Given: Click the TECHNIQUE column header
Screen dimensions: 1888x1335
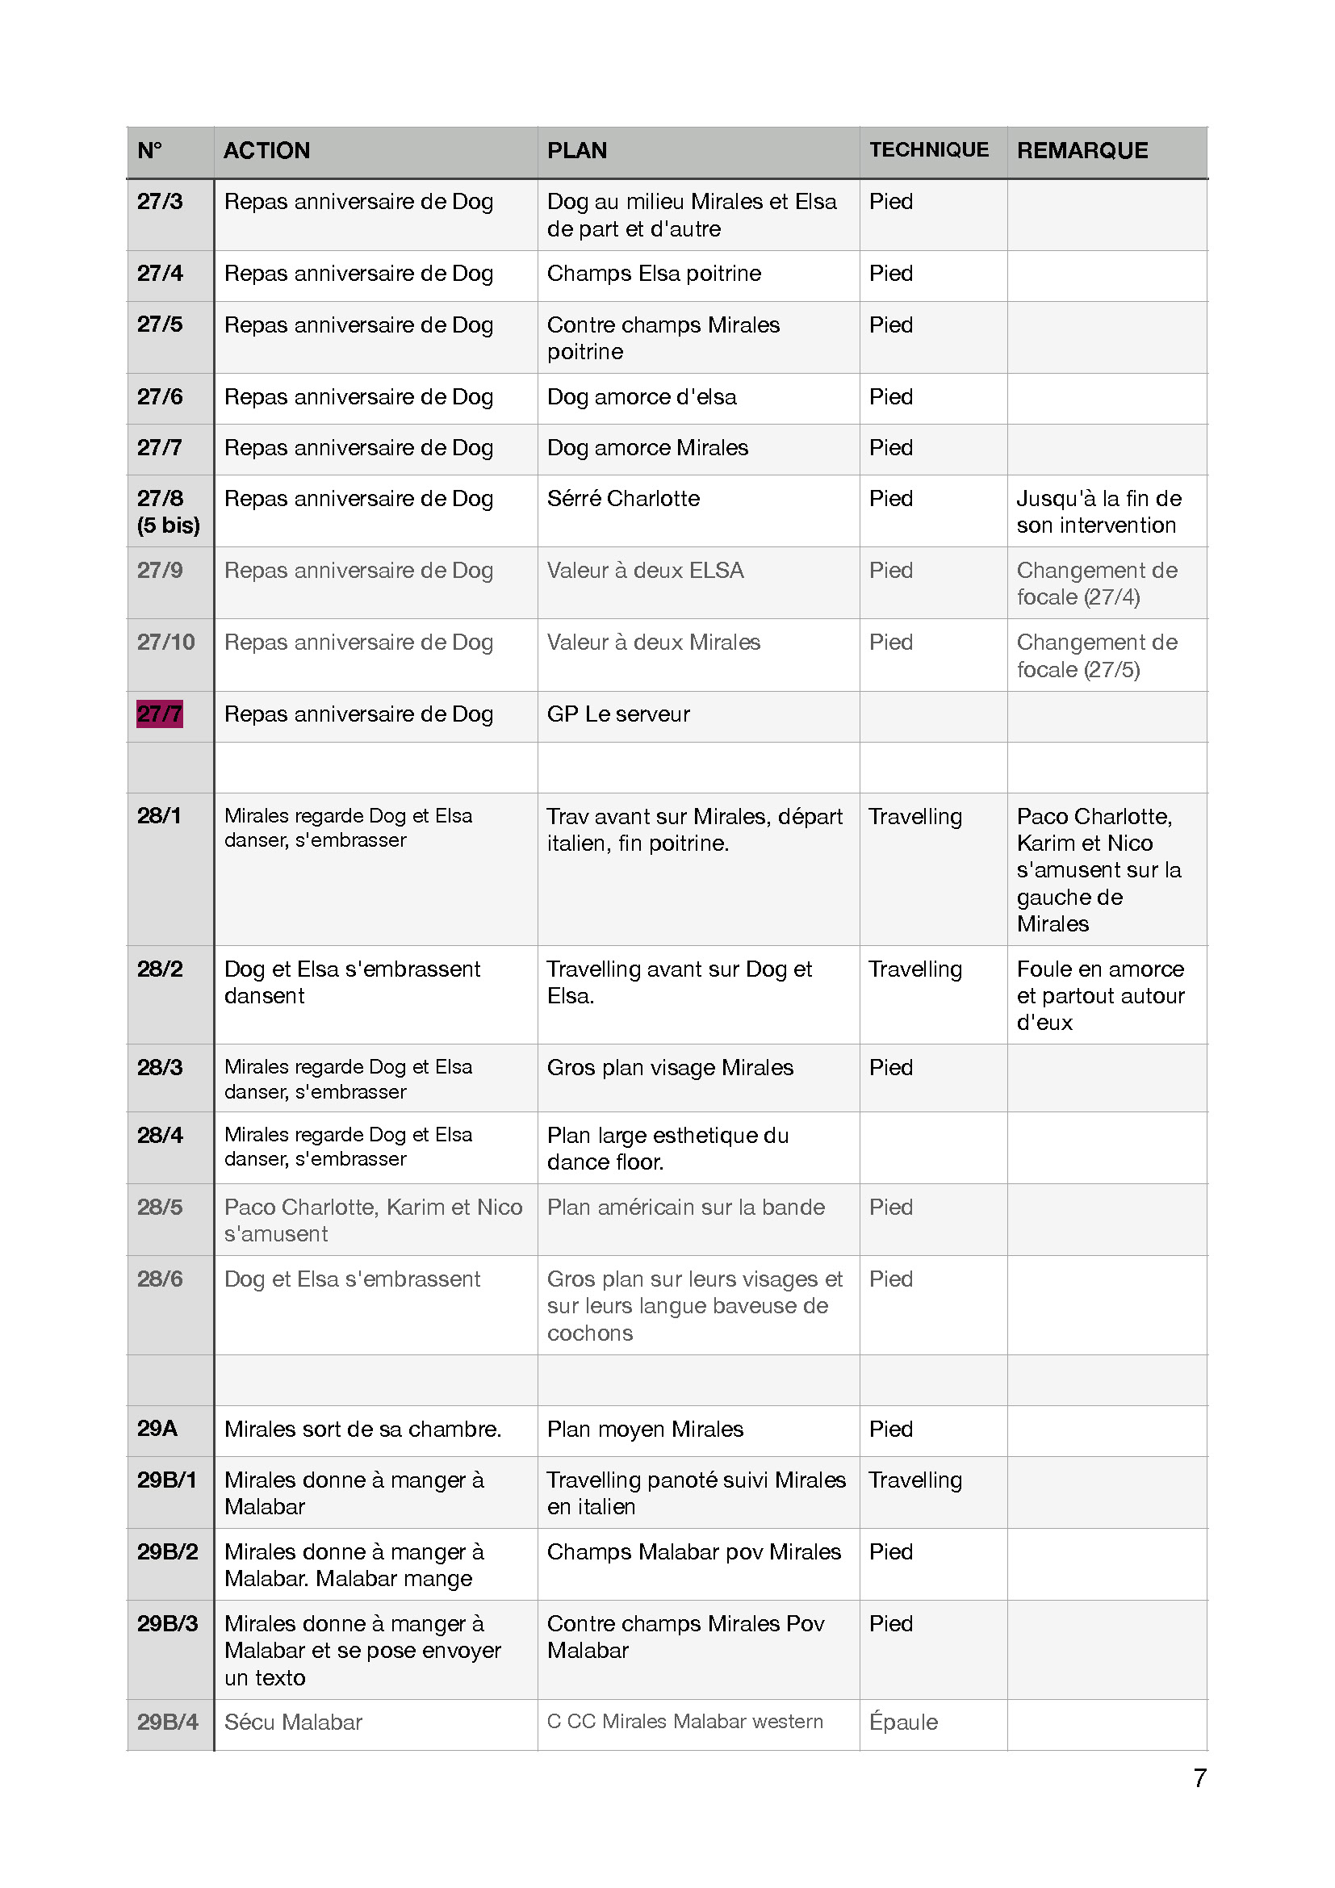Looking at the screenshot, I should tap(929, 149).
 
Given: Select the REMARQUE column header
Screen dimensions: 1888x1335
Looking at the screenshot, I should tap(1082, 150).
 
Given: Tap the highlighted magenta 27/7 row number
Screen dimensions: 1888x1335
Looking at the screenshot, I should tap(160, 714).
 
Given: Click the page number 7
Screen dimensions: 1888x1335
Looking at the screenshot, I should tap(1199, 1777).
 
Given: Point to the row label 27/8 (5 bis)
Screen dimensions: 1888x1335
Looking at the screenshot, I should tap(168, 512).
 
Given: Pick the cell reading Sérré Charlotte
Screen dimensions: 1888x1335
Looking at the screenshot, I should tap(623, 498).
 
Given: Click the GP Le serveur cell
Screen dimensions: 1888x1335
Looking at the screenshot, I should tap(618, 714).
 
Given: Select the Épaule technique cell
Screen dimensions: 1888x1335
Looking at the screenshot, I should tap(902, 1722).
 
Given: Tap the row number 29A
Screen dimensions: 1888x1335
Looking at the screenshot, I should tap(157, 1429).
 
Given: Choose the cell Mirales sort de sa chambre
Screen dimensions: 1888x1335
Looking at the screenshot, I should tap(362, 1430).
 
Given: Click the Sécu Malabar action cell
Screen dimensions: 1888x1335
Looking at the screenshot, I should tap(293, 1722).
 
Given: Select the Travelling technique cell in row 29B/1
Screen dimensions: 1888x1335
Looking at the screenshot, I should tap(915, 1480).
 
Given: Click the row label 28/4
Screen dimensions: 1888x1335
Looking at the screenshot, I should tap(161, 1135).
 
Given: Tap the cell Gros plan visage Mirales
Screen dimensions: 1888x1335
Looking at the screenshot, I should tap(670, 1067).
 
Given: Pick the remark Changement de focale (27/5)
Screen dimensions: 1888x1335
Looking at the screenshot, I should tap(1097, 655).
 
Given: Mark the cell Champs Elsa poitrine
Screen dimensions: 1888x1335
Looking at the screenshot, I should tap(654, 273).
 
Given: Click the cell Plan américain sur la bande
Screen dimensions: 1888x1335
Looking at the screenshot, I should tap(685, 1207).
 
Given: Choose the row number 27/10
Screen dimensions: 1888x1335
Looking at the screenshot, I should tap(166, 643).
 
